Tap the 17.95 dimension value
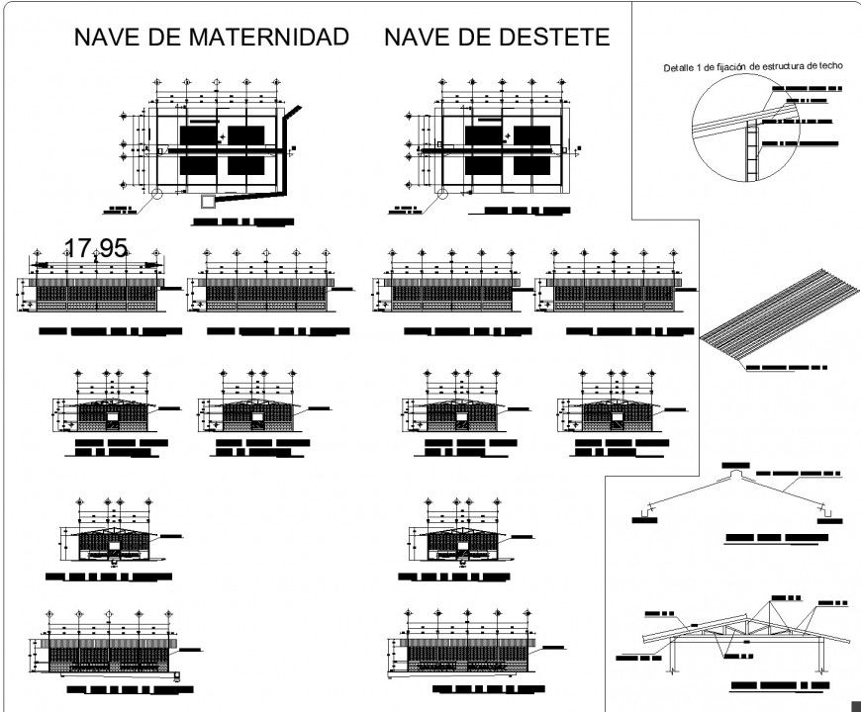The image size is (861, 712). click(x=95, y=249)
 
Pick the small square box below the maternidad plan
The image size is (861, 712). click(x=207, y=201)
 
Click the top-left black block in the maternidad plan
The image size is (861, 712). click(x=198, y=135)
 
